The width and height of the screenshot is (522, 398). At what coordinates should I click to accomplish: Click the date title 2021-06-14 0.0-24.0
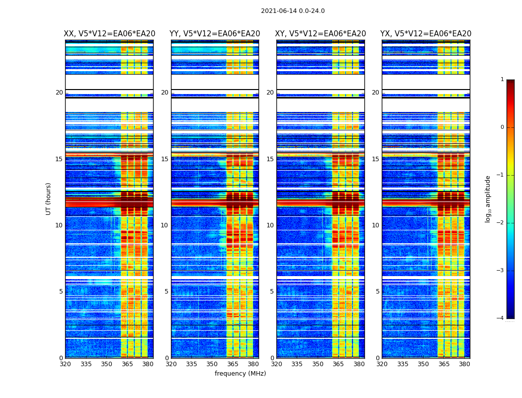pyautogui.click(x=293, y=11)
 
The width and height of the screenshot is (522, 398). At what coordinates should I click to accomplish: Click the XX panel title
pyautogui.click(x=109, y=34)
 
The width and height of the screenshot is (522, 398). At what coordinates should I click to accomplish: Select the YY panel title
pyautogui.click(x=215, y=34)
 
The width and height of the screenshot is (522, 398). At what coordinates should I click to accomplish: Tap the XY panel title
pyautogui.click(x=320, y=34)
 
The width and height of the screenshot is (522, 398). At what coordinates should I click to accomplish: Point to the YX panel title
pyautogui.click(x=426, y=34)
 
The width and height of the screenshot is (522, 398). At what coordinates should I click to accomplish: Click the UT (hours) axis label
pyautogui.click(x=49, y=199)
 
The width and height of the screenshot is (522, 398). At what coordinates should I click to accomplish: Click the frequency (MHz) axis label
pyautogui.click(x=240, y=374)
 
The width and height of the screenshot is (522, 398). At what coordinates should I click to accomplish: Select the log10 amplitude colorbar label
pyautogui.click(x=488, y=199)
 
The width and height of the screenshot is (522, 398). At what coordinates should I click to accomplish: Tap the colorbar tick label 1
pyautogui.click(x=502, y=80)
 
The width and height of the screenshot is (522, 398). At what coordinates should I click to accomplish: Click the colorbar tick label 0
pyautogui.click(x=502, y=127)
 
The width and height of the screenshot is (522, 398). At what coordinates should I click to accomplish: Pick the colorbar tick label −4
pyautogui.click(x=501, y=318)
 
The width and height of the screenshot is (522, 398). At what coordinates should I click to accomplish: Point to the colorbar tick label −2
pyautogui.click(x=501, y=223)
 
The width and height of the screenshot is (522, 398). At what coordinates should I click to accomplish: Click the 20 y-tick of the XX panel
pyautogui.click(x=59, y=93)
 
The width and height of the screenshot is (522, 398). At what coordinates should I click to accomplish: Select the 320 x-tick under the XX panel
pyautogui.click(x=65, y=364)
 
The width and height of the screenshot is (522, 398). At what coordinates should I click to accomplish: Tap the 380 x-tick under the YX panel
pyautogui.click(x=464, y=364)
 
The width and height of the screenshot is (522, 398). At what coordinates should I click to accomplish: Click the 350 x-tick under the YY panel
pyautogui.click(x=212, y=364)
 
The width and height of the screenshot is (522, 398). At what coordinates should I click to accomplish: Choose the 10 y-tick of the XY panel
pyautogui.click(x=270, y=225)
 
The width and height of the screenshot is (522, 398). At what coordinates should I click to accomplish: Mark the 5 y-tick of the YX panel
pyautogui.click(x=377, y=292)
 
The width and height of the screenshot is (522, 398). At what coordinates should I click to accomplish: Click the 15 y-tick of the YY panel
pyautogui.click(x=165, y=159)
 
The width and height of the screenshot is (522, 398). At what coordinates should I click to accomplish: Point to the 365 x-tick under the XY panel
pyautogui.click(x=338, y=364)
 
